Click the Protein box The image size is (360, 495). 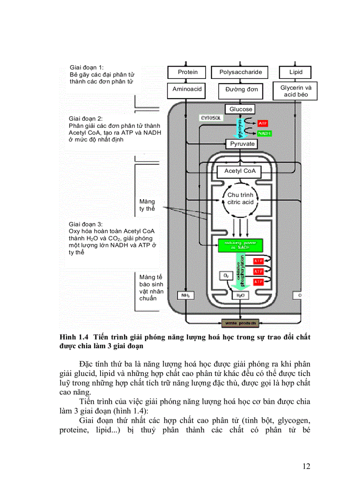click(187, 72)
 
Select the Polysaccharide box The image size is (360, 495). click(240, 72)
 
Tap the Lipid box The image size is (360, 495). click(296, 72)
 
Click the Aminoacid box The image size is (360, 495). click(187, 89)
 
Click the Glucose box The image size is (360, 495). click(241, 109)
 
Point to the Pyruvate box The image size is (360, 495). click(242, 144)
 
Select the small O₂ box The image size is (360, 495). click(226, 276)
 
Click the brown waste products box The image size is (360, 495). click(240, 324)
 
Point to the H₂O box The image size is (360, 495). click(240, 295)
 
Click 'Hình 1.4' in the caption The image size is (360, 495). click(73, 338)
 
